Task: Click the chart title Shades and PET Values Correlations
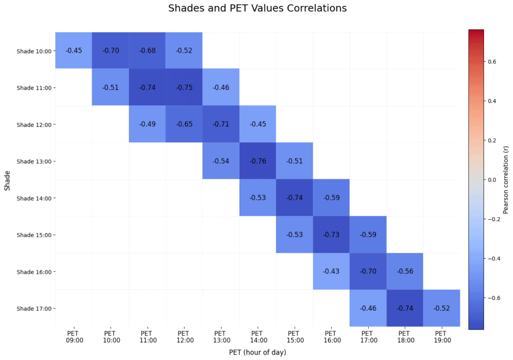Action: pyautogui.click(x=258, y=9)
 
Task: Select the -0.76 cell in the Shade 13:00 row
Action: pyautogui.click(x=258, y=161)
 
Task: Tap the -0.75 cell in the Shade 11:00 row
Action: pyautogui.click(x=184, y=87)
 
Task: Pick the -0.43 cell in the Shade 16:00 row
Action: pyautogui.click(x=331, y=271)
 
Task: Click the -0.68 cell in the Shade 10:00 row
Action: pyautogui.click(x=147, y=51)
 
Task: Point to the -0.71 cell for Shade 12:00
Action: pyautogui.click(x=220, y=124)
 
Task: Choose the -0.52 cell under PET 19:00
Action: pyautogui.click(x=441, y=308)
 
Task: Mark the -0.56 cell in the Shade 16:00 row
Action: pyautogui.click(x=405, y=271)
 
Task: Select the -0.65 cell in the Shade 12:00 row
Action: pyautogui.click(x=184, y=124)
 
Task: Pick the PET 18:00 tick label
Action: pyautogui.click(x=405, y=336)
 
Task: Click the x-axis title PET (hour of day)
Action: pyautogui.click(x=258, y=352)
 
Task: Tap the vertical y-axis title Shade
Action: pyautogui.click(x=8, y=179)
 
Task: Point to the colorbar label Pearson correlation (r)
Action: pyautogui.click(x=506, y=179)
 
